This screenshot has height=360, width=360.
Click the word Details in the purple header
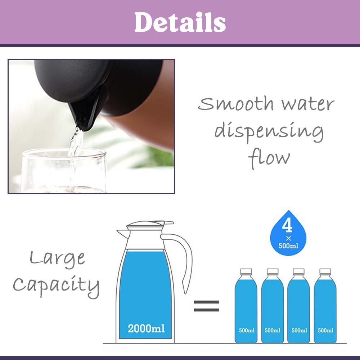coord(180,22)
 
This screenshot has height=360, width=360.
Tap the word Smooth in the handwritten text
coord(236,104)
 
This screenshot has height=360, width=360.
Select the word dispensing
coord(269,132)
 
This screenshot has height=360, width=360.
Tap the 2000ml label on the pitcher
coord(146,328)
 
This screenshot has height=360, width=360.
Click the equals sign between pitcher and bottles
coord(206,306)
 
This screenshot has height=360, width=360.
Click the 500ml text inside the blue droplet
coord(288,246)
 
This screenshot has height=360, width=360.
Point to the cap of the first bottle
coord(246,271)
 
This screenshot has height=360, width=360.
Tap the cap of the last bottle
coord(325,271)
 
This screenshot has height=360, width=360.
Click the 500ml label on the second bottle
coord(273,330)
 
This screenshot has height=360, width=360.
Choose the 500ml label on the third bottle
coord(299,330)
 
